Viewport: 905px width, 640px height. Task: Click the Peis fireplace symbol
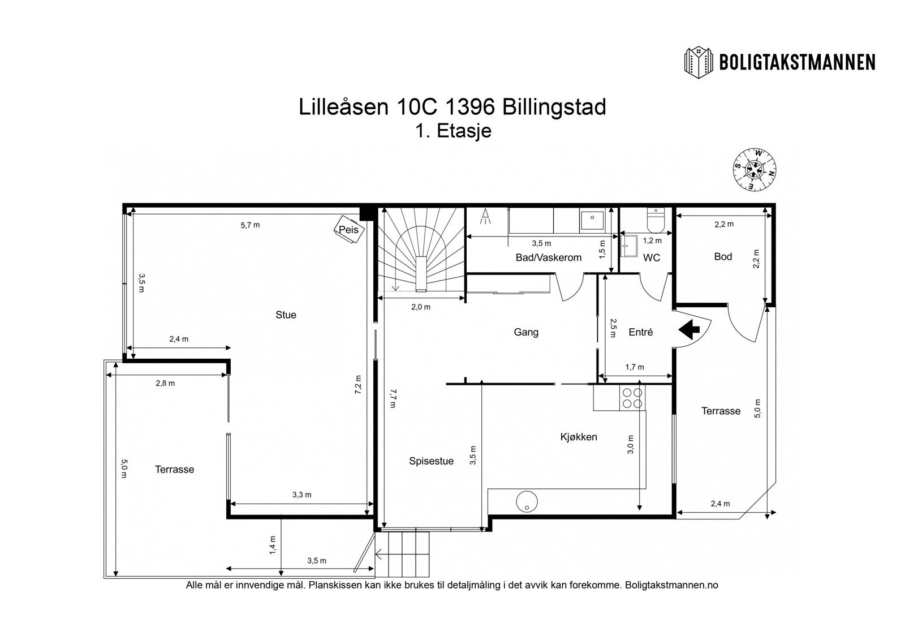[x=348, y=230]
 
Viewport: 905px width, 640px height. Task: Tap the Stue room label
[x=286, y=315]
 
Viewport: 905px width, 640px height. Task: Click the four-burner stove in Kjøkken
[x=632, y=398]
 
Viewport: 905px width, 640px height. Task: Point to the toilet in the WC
[x=656, y=221]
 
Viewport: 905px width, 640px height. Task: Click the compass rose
[x=755, y=169]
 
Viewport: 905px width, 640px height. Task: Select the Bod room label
[x=723, y=257]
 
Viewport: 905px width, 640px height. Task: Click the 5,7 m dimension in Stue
[x=250, y=225]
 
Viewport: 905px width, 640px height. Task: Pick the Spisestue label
[x=431, y=461]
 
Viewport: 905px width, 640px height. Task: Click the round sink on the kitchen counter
[x=526, y=501]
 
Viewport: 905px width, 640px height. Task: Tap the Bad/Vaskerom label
[x=548, y=258]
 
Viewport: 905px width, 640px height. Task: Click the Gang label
[x=526, y=332]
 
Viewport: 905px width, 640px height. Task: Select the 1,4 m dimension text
[x=273, y=545]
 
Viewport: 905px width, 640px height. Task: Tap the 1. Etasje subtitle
[x=453, y=131]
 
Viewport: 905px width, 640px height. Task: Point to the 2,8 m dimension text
[x=165, y=383]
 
